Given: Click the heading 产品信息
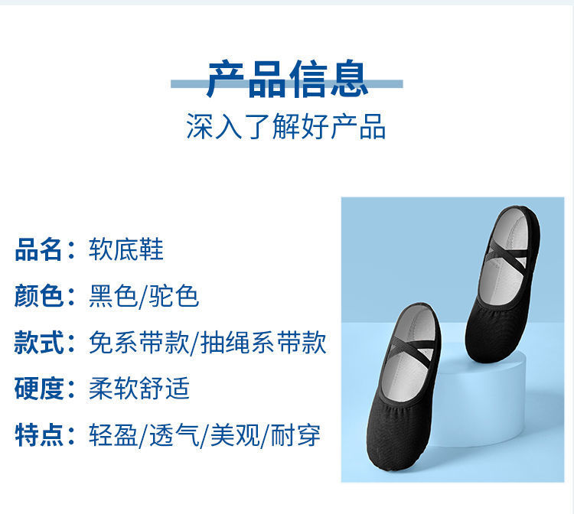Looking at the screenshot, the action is pos(287,80).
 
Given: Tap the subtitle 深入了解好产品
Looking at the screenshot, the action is pos(286,126).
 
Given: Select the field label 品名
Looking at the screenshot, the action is pos(38,250).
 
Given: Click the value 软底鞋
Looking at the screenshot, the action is pos(126,250).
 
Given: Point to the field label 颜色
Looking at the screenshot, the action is pos(38,296).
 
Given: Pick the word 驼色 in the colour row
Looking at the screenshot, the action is pos(174,296).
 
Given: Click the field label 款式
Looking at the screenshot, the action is pos(38,343).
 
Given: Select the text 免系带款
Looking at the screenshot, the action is pos(139,343).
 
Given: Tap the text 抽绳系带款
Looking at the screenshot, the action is pos(263,343).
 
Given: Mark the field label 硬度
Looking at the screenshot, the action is pos(38,389).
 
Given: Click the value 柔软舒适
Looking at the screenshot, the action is pos(139,389).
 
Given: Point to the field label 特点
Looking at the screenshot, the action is pos(38,435).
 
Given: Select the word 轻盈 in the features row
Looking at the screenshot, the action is pos(113,435).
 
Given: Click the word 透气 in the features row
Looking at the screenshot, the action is pos(174,435).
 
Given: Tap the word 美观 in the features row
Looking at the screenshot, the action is pos(235,435).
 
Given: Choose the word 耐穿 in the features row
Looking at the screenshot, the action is pos(296,435).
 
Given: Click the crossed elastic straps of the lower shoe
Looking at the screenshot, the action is pos(410,346).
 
